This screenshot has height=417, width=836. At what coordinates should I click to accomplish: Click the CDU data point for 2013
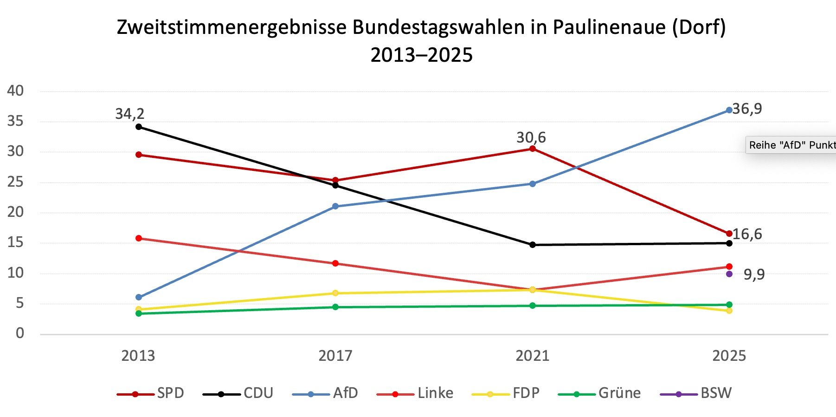tap(139, 127)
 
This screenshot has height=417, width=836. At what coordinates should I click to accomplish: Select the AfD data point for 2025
tap(729, 110)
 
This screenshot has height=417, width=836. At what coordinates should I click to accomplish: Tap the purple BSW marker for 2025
tap(729, 274)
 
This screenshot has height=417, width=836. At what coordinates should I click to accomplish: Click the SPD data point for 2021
tap(533, 149)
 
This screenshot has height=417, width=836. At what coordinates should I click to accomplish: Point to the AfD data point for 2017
tap(335, 206)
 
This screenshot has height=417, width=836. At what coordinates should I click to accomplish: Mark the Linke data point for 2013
tap(139, 238)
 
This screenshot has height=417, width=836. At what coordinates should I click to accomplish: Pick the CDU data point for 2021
tap(533, 245)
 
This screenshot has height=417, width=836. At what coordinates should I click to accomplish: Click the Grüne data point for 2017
tap(335, 307)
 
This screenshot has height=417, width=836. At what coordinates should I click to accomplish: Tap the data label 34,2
tap(130, 114)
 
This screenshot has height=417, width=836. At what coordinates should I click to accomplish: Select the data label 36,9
tap(747, 109)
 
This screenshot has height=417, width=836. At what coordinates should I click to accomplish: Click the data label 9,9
tap(754, 274)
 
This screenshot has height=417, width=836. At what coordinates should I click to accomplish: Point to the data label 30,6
tap(531, 137)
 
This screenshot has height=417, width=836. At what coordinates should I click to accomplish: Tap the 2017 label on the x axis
tap(335, 356)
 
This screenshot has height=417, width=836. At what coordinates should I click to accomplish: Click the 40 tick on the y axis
tap(15, 91)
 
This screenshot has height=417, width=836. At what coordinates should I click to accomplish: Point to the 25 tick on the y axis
tap(15, 182)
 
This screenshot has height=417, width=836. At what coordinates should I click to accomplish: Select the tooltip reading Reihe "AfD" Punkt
tap(791, 145)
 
